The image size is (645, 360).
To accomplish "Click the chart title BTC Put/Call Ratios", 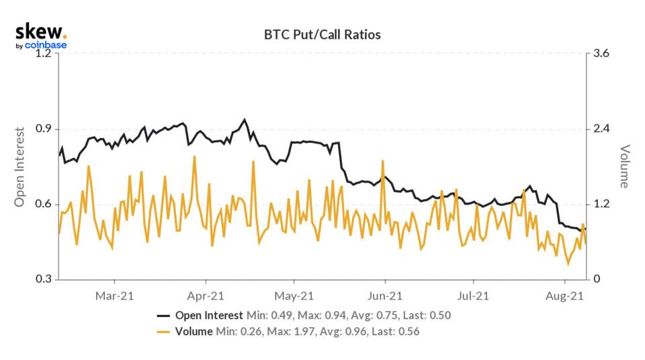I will [323, 34].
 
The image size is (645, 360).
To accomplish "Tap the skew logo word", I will [39, 32].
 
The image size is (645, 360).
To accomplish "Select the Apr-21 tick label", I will [205, 295].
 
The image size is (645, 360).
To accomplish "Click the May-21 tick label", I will [294, 295].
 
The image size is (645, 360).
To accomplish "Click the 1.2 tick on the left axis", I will [43, 54].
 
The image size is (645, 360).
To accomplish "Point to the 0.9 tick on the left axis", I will [43, 129].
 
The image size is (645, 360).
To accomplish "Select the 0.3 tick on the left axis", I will [43, 279].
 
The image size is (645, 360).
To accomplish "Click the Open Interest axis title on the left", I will [19, 167].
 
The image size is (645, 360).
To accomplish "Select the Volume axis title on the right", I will [624, 167].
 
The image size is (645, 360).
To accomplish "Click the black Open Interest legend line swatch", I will [164, 315].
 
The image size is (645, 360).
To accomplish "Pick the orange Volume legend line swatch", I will [164, 331].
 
